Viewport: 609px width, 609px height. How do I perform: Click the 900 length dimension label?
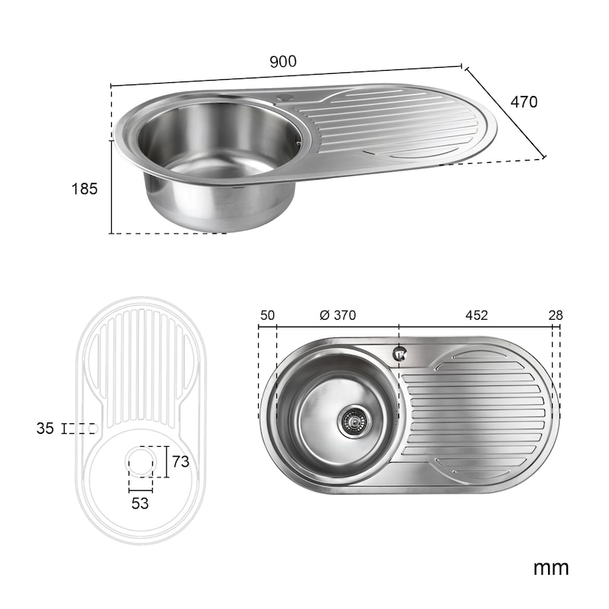click(282, 62)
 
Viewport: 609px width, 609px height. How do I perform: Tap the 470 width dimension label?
click(524, 102)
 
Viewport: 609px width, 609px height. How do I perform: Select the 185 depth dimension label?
click(84, 189)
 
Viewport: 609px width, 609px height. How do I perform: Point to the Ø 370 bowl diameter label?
click(337, 315)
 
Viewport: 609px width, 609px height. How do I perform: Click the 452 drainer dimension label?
click(477, 315)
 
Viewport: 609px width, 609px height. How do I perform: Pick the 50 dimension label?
click(267, 315)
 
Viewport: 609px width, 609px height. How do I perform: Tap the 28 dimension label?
click(556, 315)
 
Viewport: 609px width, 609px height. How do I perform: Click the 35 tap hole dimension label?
click(45, 429)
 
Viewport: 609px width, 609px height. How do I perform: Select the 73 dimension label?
click(180, 461)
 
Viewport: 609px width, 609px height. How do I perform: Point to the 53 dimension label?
click(140, 503)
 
